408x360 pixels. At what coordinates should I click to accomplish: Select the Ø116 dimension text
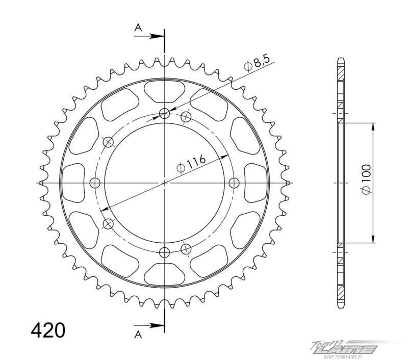coord(191,164)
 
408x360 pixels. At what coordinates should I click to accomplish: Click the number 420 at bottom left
coord(48,330)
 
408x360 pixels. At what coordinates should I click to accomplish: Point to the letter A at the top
coord(138,28)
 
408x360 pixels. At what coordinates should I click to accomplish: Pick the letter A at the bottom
coord(138,335)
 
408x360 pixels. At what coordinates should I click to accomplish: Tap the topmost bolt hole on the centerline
coord(164,113)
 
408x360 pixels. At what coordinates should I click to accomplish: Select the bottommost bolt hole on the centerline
coord(164,252)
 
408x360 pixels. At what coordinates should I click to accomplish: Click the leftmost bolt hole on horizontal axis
coord(95,183)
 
